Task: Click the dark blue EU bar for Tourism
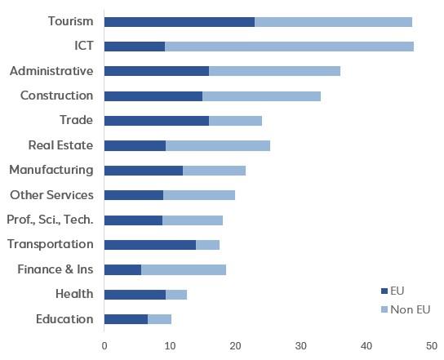point(180,22)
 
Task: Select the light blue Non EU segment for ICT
point(289,47)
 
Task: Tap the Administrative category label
point(51,71)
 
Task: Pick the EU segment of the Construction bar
point(153,96)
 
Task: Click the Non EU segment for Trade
point(235,121)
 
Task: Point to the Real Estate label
point(60,145)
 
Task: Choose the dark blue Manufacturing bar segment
point(144,170)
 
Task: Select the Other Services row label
point(51,195)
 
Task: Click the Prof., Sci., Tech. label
point(50,220)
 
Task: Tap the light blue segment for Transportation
point(207,244)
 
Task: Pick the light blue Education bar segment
point(159,318)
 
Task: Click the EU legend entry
point(393,291)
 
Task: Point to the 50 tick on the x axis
point(432,346)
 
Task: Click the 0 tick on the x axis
point(104,346)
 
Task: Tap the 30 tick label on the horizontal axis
point(301,346)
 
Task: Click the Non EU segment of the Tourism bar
point(333,22)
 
